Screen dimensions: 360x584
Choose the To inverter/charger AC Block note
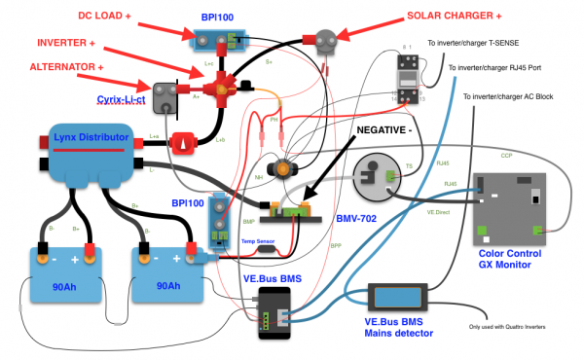click(522, 96)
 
